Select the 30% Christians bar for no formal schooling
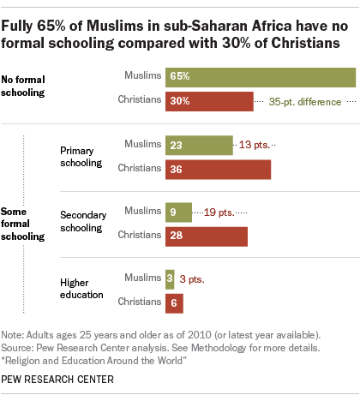[x=208, y=101]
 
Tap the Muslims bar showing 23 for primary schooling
[x=198, y=146]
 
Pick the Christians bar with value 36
[x=218, y=170]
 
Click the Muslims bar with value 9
[x=177, y=211]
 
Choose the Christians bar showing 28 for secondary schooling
[x=206, y=235]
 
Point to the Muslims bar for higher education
[x=170, y=278]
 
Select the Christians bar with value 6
[x=172, y=301]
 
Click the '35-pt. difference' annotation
[x=306, y=101]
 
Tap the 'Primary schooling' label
[x=81, y=157]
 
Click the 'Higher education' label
[x=81, y=289]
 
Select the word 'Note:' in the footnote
[x=16, y=333]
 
